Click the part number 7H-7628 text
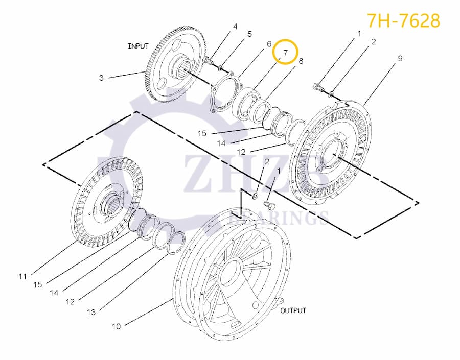tap(403, 21)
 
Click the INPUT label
tap(138, 46)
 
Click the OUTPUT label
tap(293, 310)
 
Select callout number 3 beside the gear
tap(101, 78)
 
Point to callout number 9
tap(400, 59)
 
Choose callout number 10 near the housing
tap(116, 326)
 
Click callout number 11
tap(22, 277)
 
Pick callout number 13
tap(90, 312)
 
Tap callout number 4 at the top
tap(235, 26)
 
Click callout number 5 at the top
tap(249, 34)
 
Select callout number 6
tap(268, 44)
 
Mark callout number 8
tap(301, 61)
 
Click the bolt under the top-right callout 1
tap(318, 87)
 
